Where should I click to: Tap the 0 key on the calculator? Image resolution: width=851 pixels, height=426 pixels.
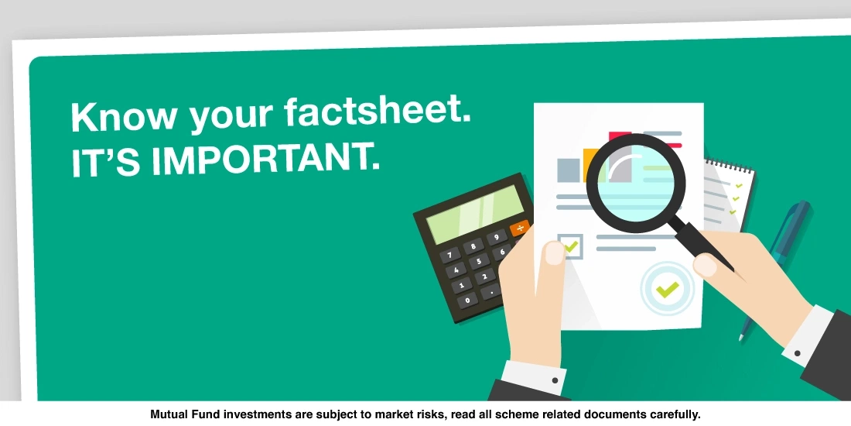click(x=466, y=300)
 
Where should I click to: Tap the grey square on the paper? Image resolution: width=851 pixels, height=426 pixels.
click(x=569, y=170)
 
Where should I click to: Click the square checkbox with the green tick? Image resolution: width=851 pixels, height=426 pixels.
click(x=570, y=246)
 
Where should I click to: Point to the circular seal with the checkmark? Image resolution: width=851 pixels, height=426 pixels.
click(x=667, y=289)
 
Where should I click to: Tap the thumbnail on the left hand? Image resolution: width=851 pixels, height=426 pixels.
click(x=555, y=254)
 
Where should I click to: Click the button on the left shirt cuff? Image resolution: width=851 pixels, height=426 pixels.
click(x=555, y=380)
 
